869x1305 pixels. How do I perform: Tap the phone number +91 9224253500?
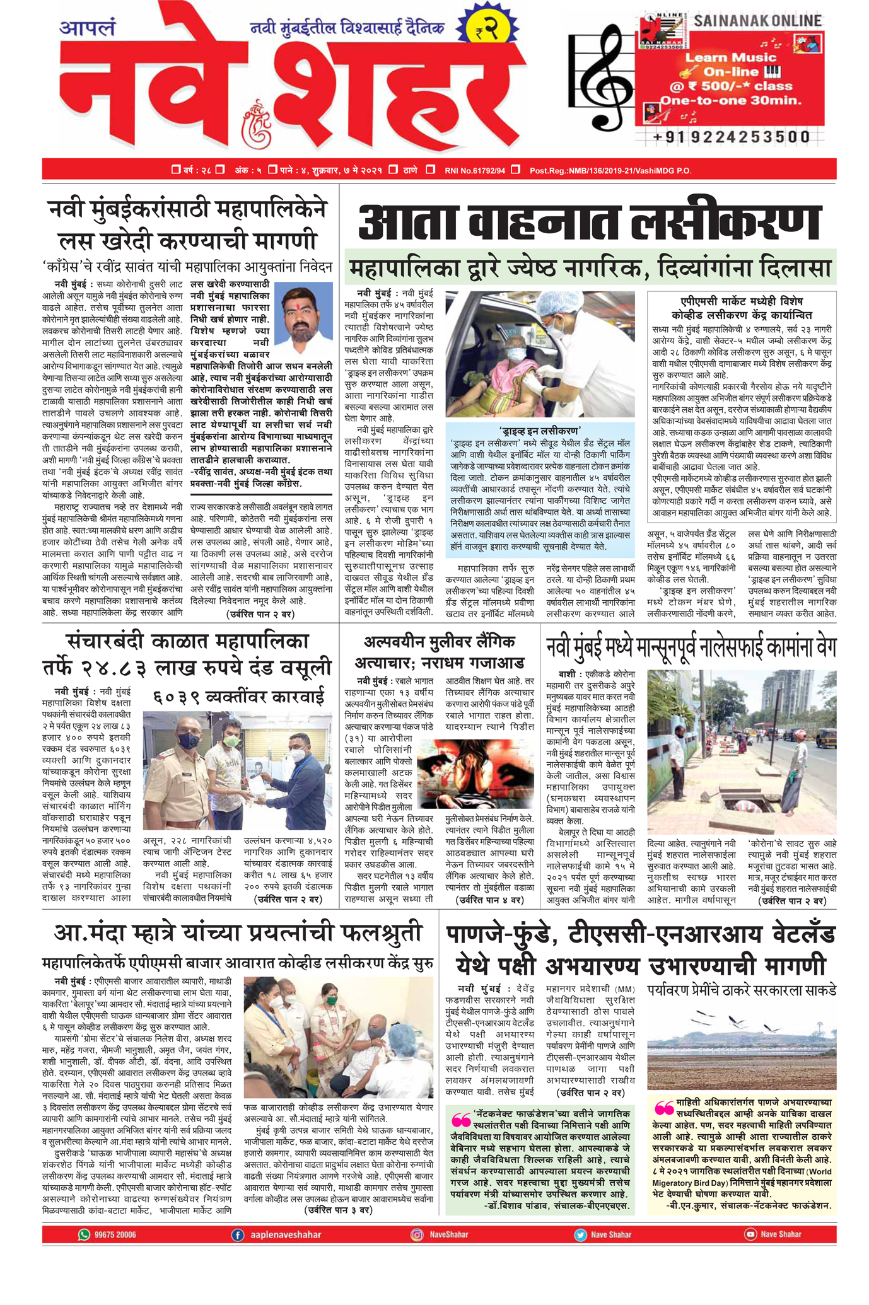coord(732,137)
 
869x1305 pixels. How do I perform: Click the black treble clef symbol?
coord(599,76)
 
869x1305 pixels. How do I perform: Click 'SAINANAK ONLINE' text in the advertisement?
coord(757,21)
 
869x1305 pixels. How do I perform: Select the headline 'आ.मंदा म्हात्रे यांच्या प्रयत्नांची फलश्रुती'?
coord(236,934)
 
